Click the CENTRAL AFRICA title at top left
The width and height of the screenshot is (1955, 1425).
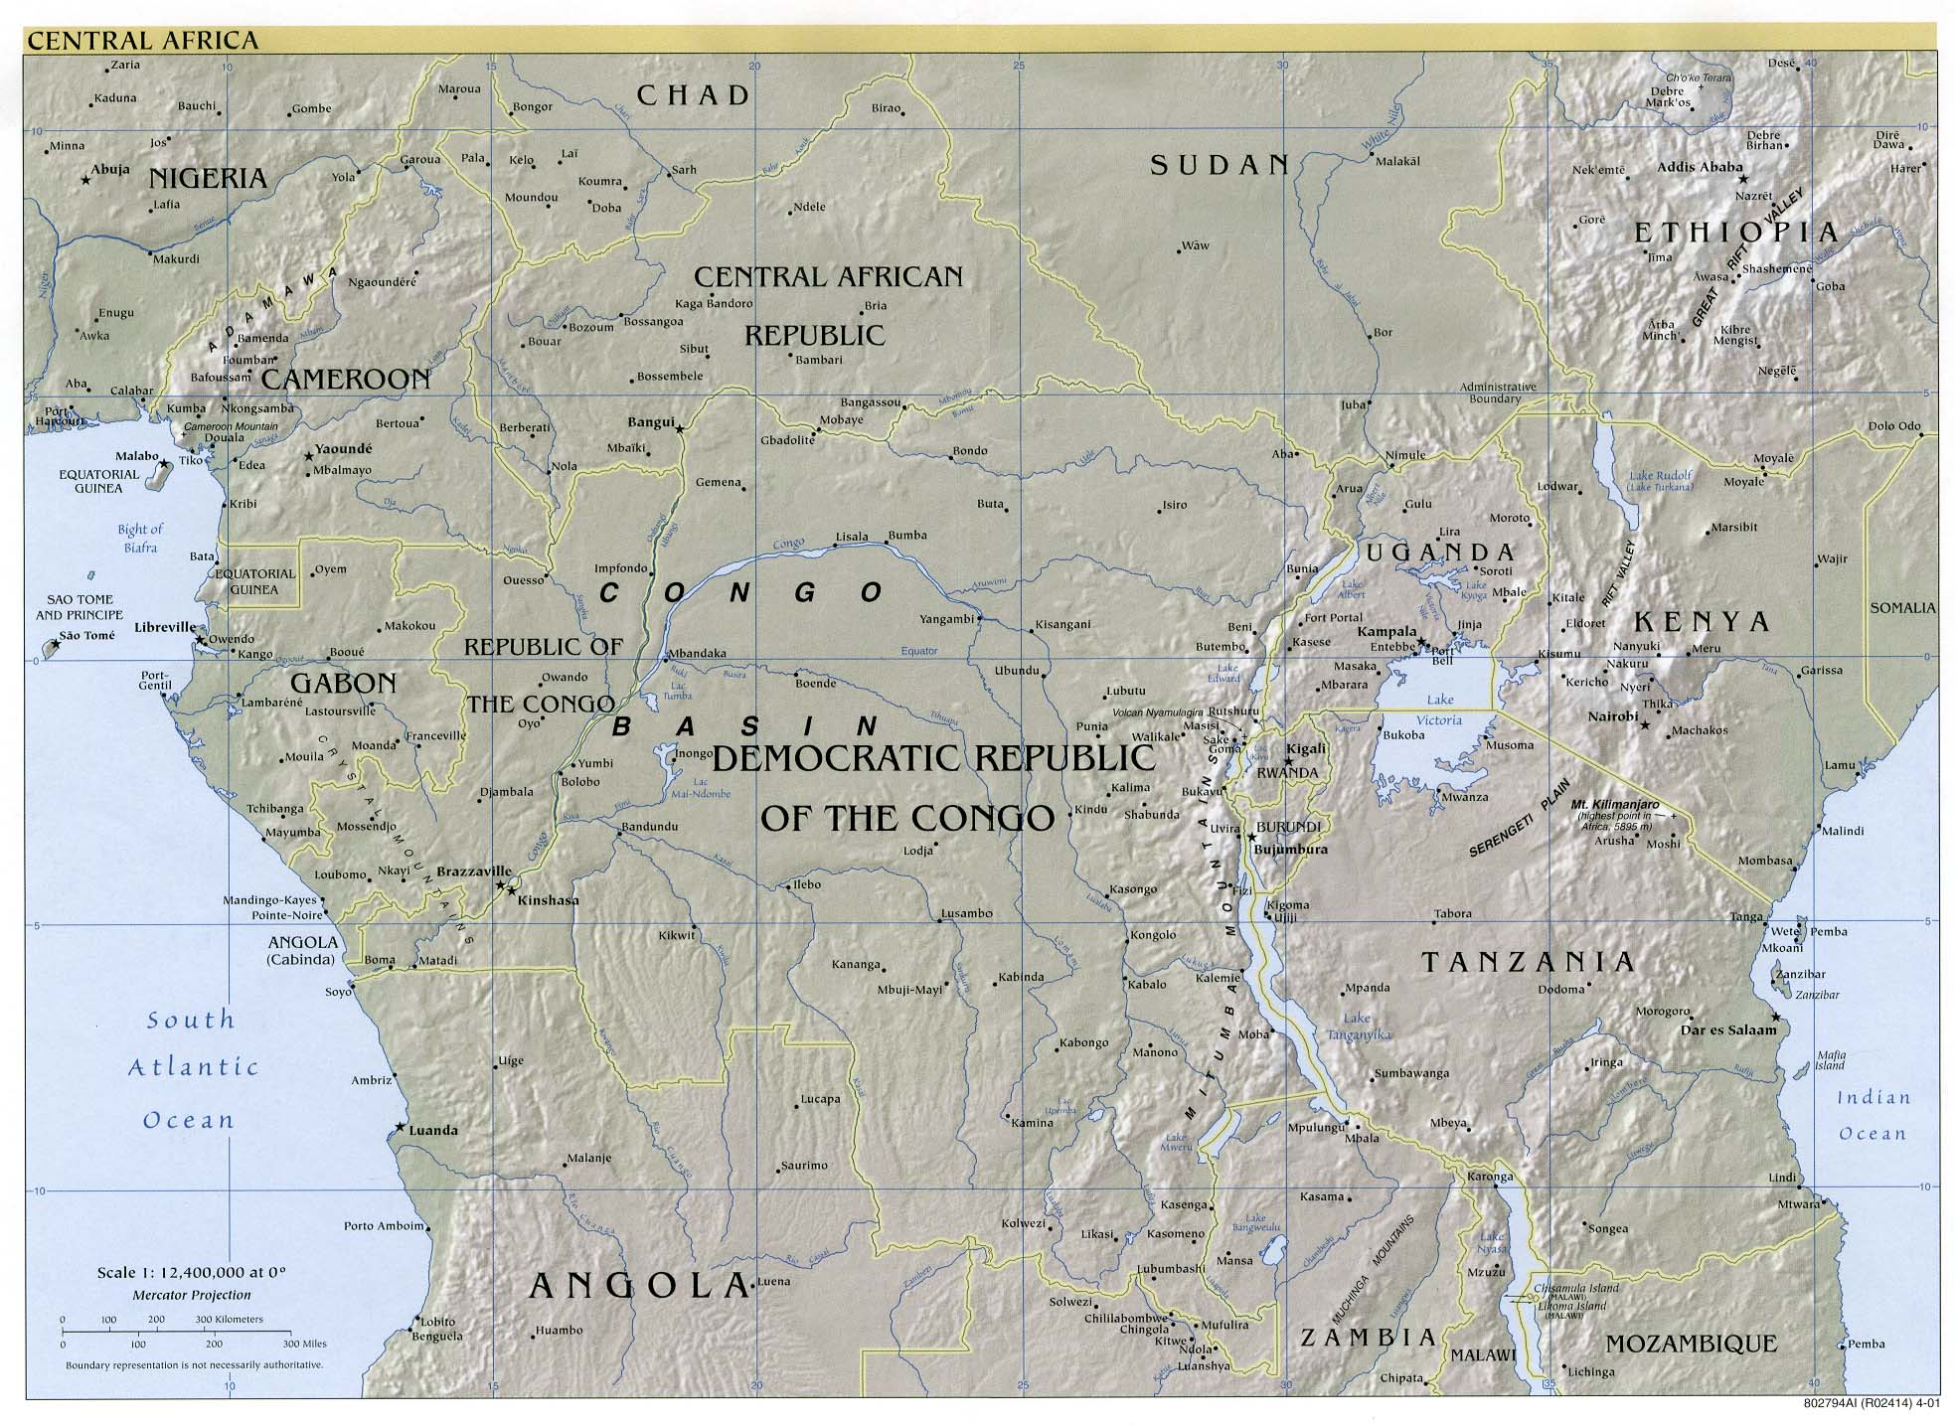143,40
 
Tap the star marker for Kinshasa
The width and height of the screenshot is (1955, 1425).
511,890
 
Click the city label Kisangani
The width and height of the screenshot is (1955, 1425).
1062,624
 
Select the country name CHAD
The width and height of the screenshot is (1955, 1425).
693,95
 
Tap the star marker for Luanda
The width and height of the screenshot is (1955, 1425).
400,1127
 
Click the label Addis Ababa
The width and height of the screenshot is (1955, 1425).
1700,167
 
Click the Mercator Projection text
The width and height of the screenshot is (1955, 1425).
192,1295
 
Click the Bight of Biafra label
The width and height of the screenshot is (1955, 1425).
140,538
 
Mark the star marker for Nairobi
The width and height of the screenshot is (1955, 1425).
1645,725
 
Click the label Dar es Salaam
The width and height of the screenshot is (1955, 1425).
1727,1030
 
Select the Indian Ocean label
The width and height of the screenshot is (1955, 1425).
1873,1115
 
